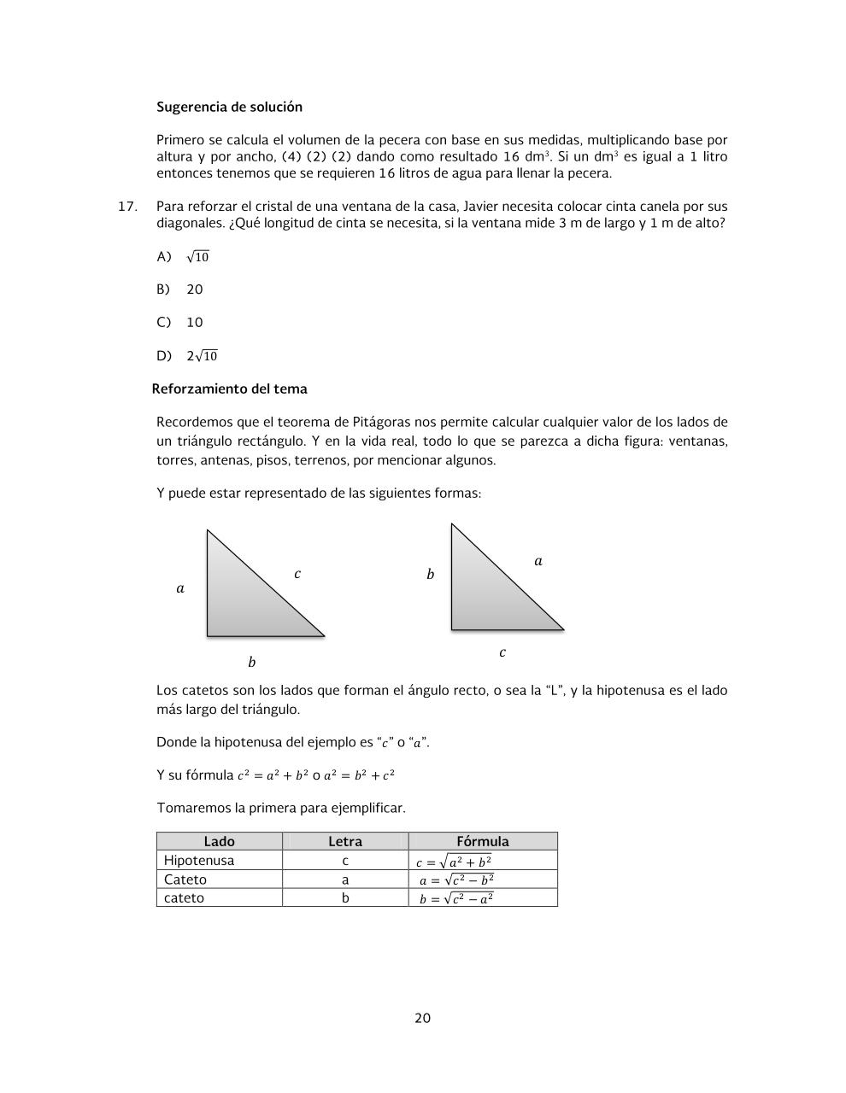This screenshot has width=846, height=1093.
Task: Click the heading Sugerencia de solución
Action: click(229, 108)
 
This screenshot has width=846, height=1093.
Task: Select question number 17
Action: click(127, 207)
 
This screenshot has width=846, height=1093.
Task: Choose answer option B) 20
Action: click(180, 289)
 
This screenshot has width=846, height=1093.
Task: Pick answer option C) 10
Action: click(180, 323)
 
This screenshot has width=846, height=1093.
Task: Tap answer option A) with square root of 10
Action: click(183, 257)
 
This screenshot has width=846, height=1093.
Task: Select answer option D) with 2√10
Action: click(187, 356)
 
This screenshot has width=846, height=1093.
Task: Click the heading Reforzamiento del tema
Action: click(229, 389)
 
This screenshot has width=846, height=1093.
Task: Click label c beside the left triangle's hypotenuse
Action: click(297, 574)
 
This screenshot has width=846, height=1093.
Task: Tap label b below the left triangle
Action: click(251, 663)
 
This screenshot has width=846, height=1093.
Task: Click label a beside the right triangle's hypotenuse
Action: click(538, 561)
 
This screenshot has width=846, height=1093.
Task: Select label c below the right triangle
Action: click(502, 652)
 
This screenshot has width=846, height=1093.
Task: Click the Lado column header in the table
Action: click(219, 841)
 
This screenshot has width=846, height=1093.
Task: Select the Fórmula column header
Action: click(482, 841)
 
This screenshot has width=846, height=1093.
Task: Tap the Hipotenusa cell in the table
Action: click(199, 861)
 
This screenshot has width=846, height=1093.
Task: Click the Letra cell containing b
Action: click(345, 898)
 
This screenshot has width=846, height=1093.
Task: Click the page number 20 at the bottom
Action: click(422, 1018)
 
